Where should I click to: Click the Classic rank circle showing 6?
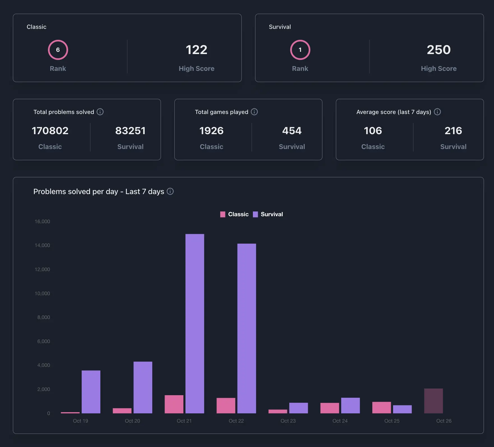58,50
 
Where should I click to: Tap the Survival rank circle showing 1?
300,50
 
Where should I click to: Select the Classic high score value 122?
196,50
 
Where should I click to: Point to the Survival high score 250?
438,50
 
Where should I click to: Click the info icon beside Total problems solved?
100,112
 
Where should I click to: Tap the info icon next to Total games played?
254,112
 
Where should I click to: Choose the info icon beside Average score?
437,112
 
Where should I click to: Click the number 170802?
50,131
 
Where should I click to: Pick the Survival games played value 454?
292,131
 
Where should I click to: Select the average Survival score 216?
453,131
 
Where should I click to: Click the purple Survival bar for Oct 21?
195,323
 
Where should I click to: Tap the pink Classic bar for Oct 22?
226,406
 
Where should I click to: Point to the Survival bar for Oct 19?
91,392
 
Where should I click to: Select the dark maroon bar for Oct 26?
433,401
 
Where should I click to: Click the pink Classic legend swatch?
223,215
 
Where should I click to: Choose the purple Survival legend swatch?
255,215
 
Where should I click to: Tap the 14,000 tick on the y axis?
42,245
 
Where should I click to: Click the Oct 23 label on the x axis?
288,421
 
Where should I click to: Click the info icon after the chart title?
170,191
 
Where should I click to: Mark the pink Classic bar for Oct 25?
381,408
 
